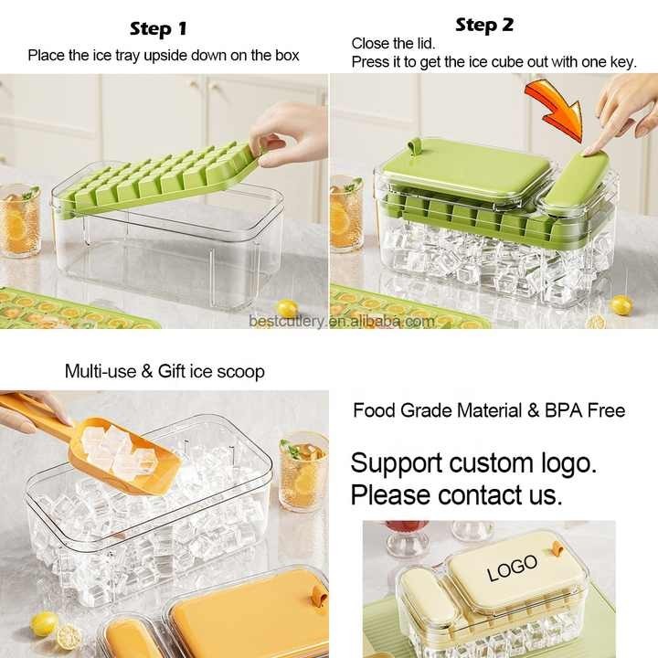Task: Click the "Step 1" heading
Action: [158, 29]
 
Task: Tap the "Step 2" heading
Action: [484, 26]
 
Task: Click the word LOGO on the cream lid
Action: [512, 568]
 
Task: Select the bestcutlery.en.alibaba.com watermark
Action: [342, 322]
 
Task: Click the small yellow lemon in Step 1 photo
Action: [288, 309]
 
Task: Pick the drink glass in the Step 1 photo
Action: [20, 220]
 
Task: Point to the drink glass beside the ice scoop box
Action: [303, 472]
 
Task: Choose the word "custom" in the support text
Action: [492, 463]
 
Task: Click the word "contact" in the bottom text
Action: [481, 495]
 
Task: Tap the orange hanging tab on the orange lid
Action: [320, 595]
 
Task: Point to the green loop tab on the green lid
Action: [415, 147]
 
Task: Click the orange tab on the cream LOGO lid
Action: [557, 548]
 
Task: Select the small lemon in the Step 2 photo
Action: [621, 305]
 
